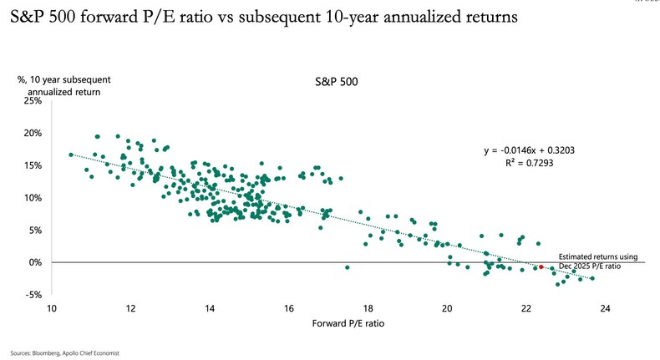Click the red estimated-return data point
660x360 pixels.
click(541, 266)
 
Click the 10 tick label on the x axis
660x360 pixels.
click(52, 308)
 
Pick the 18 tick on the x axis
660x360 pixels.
click(368, 308)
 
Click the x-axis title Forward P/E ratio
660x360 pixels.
click(329, 323)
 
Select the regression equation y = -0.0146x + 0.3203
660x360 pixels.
click(529, 150)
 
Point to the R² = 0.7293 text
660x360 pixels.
click(529, 164)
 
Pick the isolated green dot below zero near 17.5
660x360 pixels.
click(347, 267)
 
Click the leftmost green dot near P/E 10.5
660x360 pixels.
click(71, 155)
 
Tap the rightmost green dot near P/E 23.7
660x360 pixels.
click(592, 278)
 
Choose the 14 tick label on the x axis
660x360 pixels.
click(210, 308)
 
